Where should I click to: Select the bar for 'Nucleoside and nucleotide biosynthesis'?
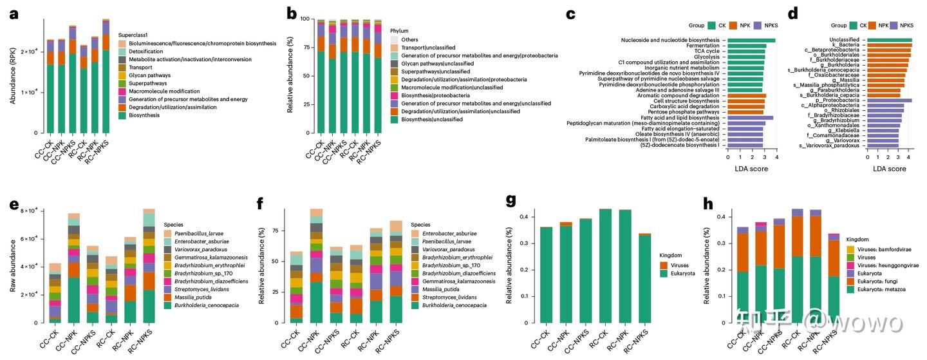click(751, 41)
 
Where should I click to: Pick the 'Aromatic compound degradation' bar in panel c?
click(747, 95)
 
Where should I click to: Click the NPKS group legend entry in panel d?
click(907, 26)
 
